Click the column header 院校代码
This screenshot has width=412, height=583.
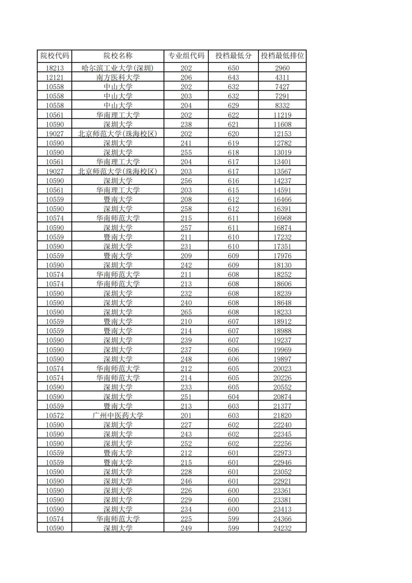tap(55, 56)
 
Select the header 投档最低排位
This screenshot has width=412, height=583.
tap(282, 56)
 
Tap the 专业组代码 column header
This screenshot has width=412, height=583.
tap(186, 56)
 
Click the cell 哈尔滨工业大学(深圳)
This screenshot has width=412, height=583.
tap(118, 68)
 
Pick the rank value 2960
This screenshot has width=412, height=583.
tap(282, 68)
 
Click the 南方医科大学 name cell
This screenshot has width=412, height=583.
tap(118, 77)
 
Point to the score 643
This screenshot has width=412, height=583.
tap(233, 77)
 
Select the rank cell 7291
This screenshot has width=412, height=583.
tap(282, 96)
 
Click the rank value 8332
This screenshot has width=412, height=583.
tap(282, 106)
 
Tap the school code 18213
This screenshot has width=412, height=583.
tap(55, 68)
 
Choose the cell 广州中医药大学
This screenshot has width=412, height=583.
tap(118, 415)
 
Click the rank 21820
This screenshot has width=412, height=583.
tap(282, 415)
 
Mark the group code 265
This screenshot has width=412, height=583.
tap(186, 312)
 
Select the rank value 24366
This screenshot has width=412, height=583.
tap(282, 519)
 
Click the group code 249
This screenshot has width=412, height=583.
tap(186, 528)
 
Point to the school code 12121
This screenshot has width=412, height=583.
tap(55, 77)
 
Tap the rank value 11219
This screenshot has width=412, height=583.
tap(282, 115)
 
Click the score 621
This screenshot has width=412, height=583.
tap(233, 124)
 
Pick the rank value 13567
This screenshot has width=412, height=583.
tap(282, 172)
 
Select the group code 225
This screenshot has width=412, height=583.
tap(186, 519)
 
